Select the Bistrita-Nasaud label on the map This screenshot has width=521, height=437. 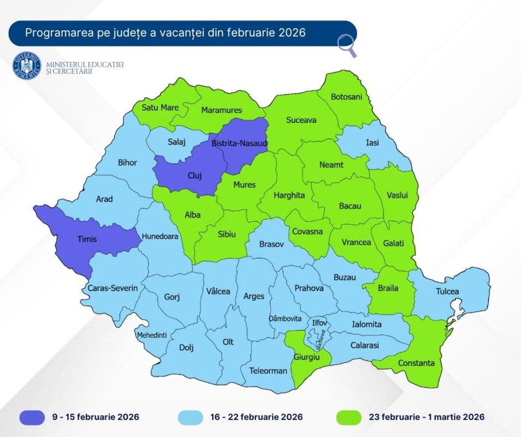(x=239, y=143)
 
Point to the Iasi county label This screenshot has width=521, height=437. (x=372, y=142)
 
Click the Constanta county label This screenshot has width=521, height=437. (x=416, y=363)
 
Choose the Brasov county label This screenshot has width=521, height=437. (x=271, y=245)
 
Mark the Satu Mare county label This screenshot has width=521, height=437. (x=160, y=107)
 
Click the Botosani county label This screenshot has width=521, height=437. (x=346, y=97)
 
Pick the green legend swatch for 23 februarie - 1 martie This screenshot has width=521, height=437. (x=346, y=417)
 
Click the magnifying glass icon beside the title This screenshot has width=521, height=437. (x=347, y=46)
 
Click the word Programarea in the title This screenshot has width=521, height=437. (x=53, y=33)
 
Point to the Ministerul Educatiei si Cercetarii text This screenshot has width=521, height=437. (x=85, y=68)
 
